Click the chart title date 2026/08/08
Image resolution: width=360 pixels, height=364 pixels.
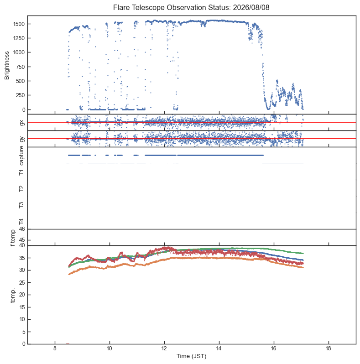(x=251, y=7)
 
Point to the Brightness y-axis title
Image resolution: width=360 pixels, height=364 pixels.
(x=7, y=66)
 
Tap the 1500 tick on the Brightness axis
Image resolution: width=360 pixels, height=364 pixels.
(x=19, y=24)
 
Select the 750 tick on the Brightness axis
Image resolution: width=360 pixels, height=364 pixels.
(x=20, y=67)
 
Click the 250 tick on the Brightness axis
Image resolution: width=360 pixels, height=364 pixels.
(x=20, y=95)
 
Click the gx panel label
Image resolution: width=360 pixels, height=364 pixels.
(x=22, y=122)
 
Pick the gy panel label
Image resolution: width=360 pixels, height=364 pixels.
(x=22, y=139)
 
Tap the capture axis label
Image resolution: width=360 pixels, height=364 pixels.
(x=21, y=156)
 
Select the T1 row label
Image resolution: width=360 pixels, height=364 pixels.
(x=21, y=172)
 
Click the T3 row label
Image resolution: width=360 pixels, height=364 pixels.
(x=21, y=205)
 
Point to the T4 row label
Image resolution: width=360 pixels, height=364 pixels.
(x=21, y=222)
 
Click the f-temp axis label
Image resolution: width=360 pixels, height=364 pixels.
(x=13, y=238)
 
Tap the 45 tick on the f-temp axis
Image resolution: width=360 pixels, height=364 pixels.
(x=22, y=240)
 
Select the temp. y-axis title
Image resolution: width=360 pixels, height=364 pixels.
(x=13, y=295)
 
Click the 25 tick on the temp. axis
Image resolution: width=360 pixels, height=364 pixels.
(x=22, y=282)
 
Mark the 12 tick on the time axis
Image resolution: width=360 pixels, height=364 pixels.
(x=164, y=348)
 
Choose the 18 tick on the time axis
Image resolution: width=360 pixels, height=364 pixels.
(x=329, y=348)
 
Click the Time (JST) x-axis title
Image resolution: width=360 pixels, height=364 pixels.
(x=192, y=356)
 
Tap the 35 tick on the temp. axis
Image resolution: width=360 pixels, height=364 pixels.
(x=22, y=258)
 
